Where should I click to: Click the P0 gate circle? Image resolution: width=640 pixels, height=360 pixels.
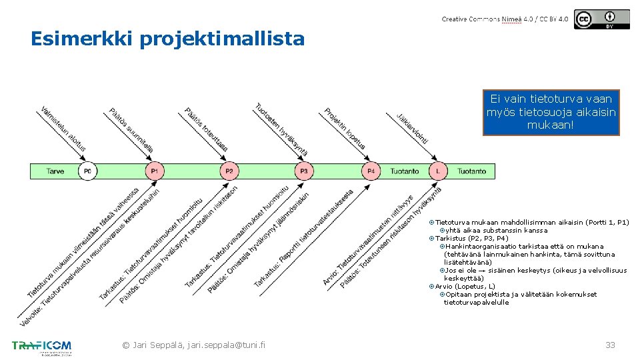pyautogui.click(x=87, y=171)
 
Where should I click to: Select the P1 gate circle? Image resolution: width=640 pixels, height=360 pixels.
pyautogui.click(x=154, y=171)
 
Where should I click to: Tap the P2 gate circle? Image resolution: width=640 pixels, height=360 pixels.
pyautogui.click(x=229, y=171)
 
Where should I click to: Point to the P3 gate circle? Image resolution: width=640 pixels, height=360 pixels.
pyautogui.click(x=303, y=171)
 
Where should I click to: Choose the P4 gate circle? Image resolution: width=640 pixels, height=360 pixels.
pyautogui.click(x=371, y=171)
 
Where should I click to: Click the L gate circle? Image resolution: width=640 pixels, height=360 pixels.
pyautogui.click(x=438, y=171)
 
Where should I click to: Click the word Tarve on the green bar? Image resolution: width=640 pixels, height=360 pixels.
pyautogui.click(x=55, y=171)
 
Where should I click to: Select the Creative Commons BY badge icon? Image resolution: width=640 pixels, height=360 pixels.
pyautogui.click(x=601, y=19)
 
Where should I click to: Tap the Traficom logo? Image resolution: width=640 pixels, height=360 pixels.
pyautogui.click(x=41, y=347)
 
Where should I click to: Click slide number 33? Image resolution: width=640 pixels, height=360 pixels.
pyautogui.click(x=610, y=345)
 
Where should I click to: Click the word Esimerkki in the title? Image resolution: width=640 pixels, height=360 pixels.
pyautogui.click(x=82, y=39)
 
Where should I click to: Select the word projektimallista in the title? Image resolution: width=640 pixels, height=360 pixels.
pyautogui.click(x=222, y=39)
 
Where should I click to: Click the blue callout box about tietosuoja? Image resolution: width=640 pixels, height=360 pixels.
pyautogui.click(x=551, y=112)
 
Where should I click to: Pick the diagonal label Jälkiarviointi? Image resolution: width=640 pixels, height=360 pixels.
pyautogui.click(x=412, y=129)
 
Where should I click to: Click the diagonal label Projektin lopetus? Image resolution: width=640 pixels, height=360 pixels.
pyautogui.click(x=344, y=129)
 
